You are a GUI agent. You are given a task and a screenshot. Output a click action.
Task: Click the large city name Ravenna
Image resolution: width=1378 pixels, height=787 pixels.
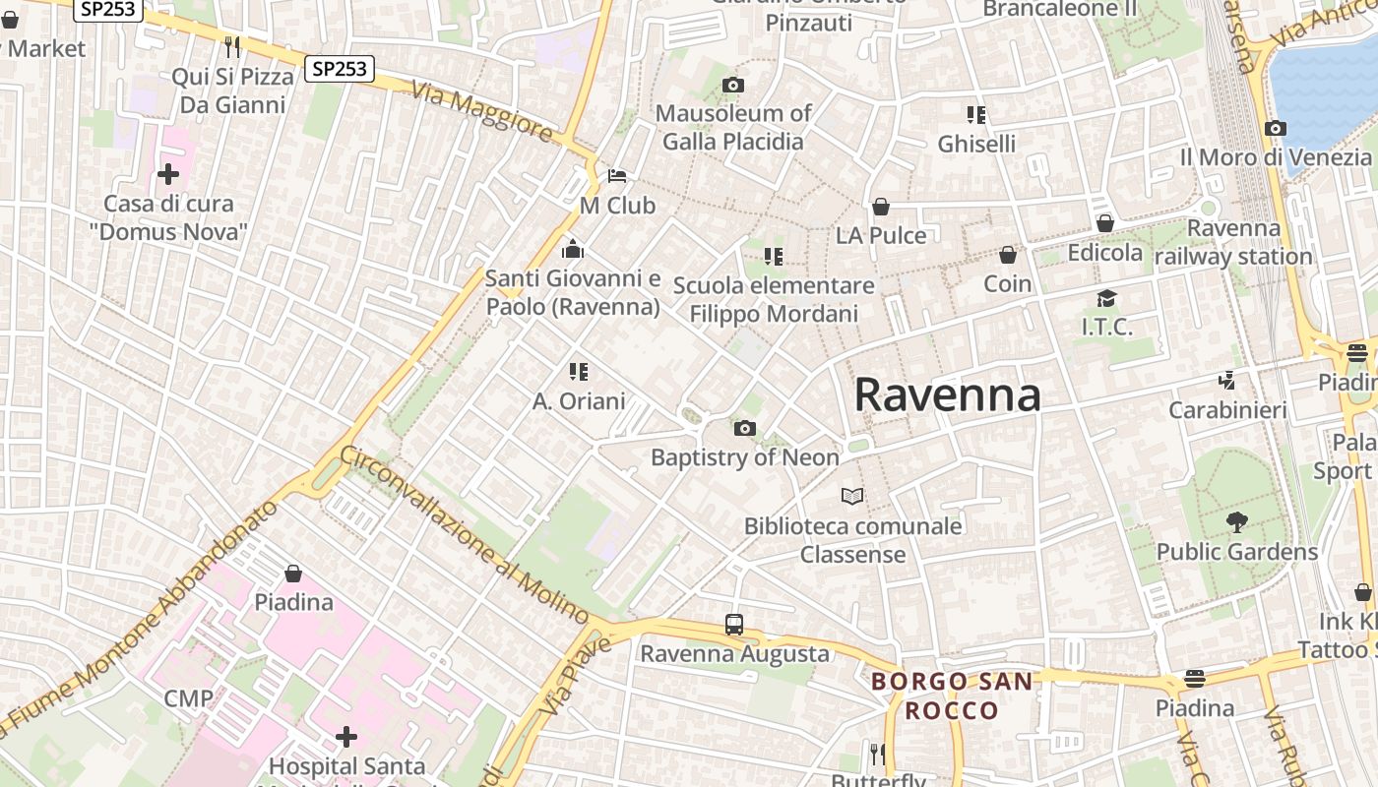[x=947, y=394]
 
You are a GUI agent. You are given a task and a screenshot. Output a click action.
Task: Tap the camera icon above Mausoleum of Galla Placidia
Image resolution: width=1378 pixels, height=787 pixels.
[x=732, y=86]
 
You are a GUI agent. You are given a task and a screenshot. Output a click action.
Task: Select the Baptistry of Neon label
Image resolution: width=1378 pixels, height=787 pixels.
[x=745, y=457]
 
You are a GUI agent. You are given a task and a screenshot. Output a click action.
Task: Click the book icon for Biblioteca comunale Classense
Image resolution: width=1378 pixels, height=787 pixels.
[x=852, y=496]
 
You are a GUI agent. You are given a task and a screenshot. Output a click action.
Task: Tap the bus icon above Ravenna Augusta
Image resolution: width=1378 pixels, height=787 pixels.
[x=734, y=624]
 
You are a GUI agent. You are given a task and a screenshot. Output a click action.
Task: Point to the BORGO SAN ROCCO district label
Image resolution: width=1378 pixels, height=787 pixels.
[x=952, y=696]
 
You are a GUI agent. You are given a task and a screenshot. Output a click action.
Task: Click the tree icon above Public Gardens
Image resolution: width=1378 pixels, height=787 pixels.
[x=1236, y=522]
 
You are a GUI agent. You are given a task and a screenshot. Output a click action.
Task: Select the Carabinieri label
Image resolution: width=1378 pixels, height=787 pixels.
[x=1227, y=409]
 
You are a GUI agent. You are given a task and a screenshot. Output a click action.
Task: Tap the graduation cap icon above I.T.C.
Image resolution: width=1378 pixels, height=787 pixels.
[x=1107, y=298]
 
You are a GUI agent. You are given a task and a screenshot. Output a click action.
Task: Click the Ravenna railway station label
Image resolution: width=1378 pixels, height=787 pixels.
[x=1233, y=243]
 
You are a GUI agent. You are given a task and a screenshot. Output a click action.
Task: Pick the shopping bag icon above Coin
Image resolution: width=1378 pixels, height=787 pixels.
[x=1008, y=256]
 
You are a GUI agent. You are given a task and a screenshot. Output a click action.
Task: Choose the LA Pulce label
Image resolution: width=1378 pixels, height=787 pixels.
[x=881, y=235]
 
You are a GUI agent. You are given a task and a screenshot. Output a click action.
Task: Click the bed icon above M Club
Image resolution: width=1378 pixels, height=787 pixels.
[x=617, y=177]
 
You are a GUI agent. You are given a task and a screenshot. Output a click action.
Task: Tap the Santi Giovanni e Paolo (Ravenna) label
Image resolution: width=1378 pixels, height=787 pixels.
[x=573, y=293]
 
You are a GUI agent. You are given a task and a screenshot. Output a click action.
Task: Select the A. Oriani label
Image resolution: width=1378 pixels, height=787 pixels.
[x=579, y=401]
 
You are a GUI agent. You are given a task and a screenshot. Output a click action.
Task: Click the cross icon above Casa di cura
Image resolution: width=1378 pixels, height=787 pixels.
[x=168, y=175]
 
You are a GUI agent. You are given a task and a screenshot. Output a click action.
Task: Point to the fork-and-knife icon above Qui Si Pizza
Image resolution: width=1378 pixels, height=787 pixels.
[x=232, y=46]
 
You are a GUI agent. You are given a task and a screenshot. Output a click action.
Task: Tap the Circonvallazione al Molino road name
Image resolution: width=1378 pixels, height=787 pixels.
[x=464, y=533]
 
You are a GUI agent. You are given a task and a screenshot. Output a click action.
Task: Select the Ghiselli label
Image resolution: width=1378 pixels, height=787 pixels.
[x=976, y=144]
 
